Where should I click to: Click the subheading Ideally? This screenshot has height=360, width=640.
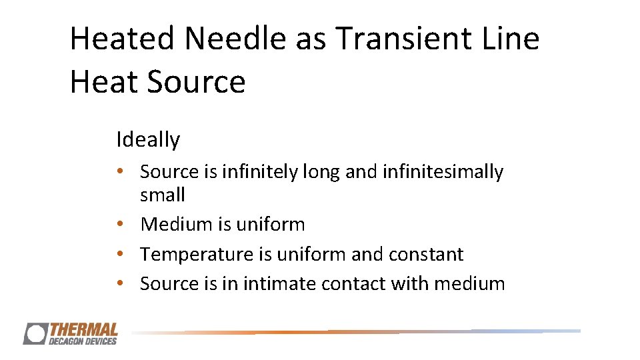[148, 140]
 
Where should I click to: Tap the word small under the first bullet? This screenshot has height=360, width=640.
[163, 195]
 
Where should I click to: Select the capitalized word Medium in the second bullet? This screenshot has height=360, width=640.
[177, 225]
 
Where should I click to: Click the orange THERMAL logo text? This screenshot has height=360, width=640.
[83, 329]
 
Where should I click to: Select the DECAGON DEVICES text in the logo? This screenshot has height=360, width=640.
[83, 341]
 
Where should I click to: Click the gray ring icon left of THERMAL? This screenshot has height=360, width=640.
[35, 333]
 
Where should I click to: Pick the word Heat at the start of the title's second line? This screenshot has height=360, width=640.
[105, 82]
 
